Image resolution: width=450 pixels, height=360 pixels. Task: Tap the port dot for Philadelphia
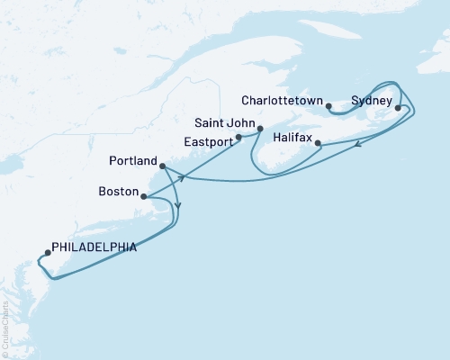click(47, 253)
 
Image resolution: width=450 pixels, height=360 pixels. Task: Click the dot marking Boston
click(144, 195)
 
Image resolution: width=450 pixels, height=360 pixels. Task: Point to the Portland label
click(132, 162)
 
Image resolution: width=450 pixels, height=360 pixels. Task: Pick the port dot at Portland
click(162, 166)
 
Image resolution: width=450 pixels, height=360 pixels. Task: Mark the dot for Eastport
click(238, 139)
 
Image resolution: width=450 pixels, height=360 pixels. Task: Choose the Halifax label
click(291, 139)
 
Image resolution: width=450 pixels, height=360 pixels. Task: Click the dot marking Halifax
click(319, 142)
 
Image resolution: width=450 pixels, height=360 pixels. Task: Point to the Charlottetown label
click(287, 101)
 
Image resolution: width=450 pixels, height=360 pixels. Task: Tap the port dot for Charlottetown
click(329, 107)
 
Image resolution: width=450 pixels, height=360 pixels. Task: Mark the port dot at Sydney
click(398, 108)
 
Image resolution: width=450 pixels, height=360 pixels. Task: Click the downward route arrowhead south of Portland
click(178, 206)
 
